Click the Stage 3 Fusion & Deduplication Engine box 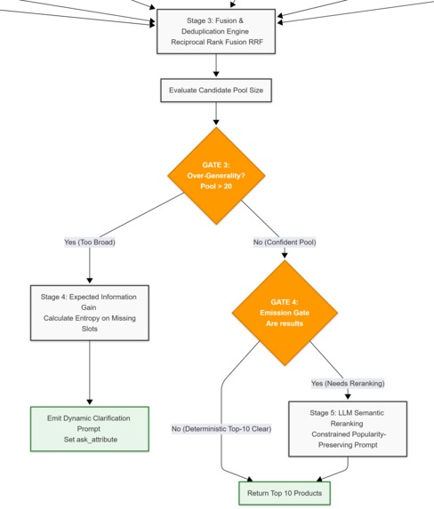tap(216, 31)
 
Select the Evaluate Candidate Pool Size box tap(216, 91)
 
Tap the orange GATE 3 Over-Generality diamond tap(216, 176)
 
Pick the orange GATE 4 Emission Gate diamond tap(285, 313)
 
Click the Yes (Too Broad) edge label tap(90, 243)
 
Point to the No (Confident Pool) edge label tap(285, 243)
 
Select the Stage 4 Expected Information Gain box tap(90, 313)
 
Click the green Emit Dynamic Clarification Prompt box tap(90, 429)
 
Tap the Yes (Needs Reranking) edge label tap(348, 384)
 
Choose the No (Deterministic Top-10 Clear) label tap(221, 429)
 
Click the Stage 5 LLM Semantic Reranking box tap(348, 429)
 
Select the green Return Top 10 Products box tap(285, 493)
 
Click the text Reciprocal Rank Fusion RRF tap(217, 43)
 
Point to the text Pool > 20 tap(216, 187)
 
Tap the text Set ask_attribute tap(91, 440)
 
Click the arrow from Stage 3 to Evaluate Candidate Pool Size tap(216, 66)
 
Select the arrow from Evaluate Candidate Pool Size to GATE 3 tap(216, 114)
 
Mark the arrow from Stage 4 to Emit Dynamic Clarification tap(90, 373)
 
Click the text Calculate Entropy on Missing tap(90, 318)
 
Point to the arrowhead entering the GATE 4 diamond tap(285, 256)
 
